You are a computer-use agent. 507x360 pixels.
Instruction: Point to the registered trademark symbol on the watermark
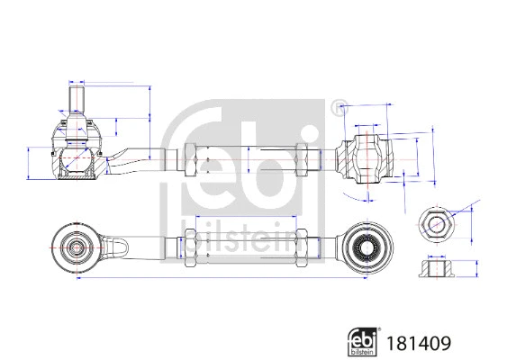pyautogui.click(x=339, y=110)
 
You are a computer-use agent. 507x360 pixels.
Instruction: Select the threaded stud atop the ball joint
pyautogui.click(x=76, y=98)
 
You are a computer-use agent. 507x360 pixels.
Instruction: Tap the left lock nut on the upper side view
pyautogui.click(x=191, y=161)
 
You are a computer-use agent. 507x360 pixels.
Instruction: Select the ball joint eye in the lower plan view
pyautogui.click(x=76, y=245)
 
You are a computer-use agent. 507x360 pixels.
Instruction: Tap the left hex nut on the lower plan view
pyautogui.click(x=191, y=245)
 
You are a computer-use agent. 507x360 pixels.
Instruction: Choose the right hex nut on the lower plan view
pyautogui.click(x=304, y=245)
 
